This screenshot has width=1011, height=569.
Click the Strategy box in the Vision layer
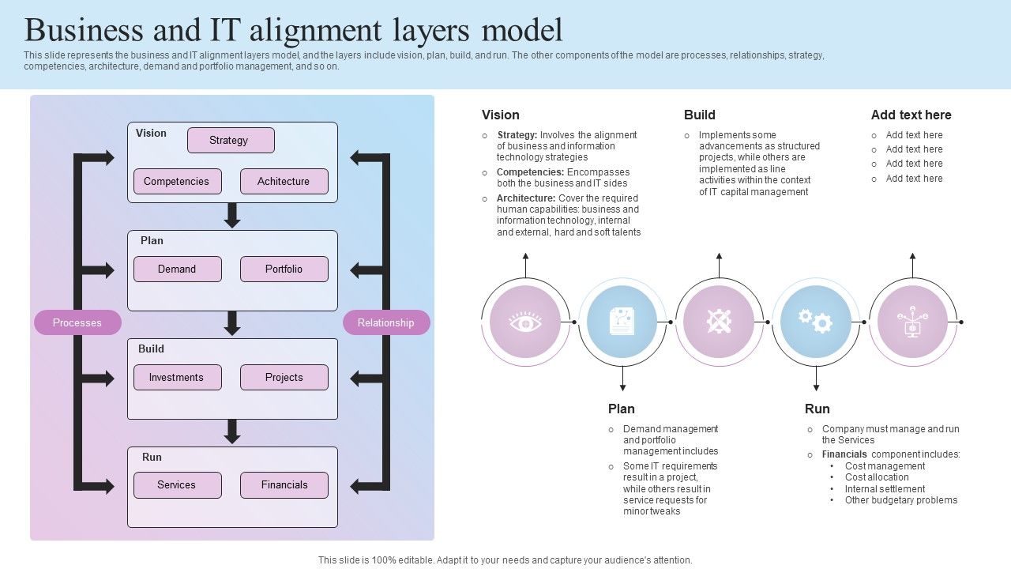click(231, 141)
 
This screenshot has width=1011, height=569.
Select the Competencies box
click(177, 181)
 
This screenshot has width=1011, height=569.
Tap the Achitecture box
click(284, 181)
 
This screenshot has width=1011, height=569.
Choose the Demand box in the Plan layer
click(177, 269)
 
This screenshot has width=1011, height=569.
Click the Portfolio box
click(284, 269)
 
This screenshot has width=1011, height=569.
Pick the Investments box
click(177, 377)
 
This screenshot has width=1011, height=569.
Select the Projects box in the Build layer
click(284, 377)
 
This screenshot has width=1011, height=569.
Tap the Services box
click(177, 484)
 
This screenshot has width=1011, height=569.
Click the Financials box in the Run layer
click(284, 484)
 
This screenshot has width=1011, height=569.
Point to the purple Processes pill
click(77, 322)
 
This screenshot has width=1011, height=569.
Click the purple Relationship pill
click(386, 322)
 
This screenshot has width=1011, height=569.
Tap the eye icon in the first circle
click(525, 322)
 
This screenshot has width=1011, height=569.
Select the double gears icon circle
click(816, 322)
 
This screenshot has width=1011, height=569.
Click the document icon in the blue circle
click(622, 322)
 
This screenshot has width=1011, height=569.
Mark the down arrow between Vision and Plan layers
click(232, 216)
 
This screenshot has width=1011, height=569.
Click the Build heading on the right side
click(699, 115)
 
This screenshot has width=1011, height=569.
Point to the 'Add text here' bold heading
click(911, 115)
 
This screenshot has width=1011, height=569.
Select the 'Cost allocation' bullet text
click(877, 477)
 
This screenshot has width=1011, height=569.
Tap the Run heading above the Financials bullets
click(817, 409)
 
